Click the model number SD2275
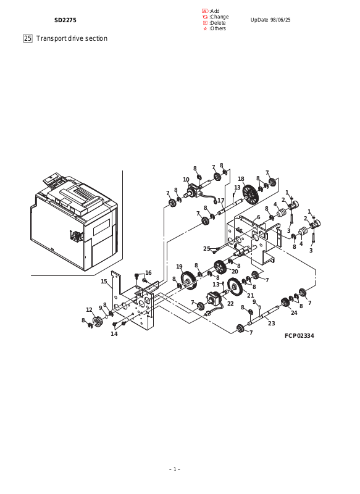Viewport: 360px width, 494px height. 65,20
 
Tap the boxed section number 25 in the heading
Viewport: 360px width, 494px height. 28,38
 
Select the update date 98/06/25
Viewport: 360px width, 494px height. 280,20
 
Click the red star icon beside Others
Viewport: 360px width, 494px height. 206,28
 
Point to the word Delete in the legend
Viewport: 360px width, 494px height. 218,23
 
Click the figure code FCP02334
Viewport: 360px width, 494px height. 299,336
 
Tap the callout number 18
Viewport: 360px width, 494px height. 241,179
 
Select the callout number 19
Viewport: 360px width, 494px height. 179,267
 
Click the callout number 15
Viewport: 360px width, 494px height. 104,282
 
